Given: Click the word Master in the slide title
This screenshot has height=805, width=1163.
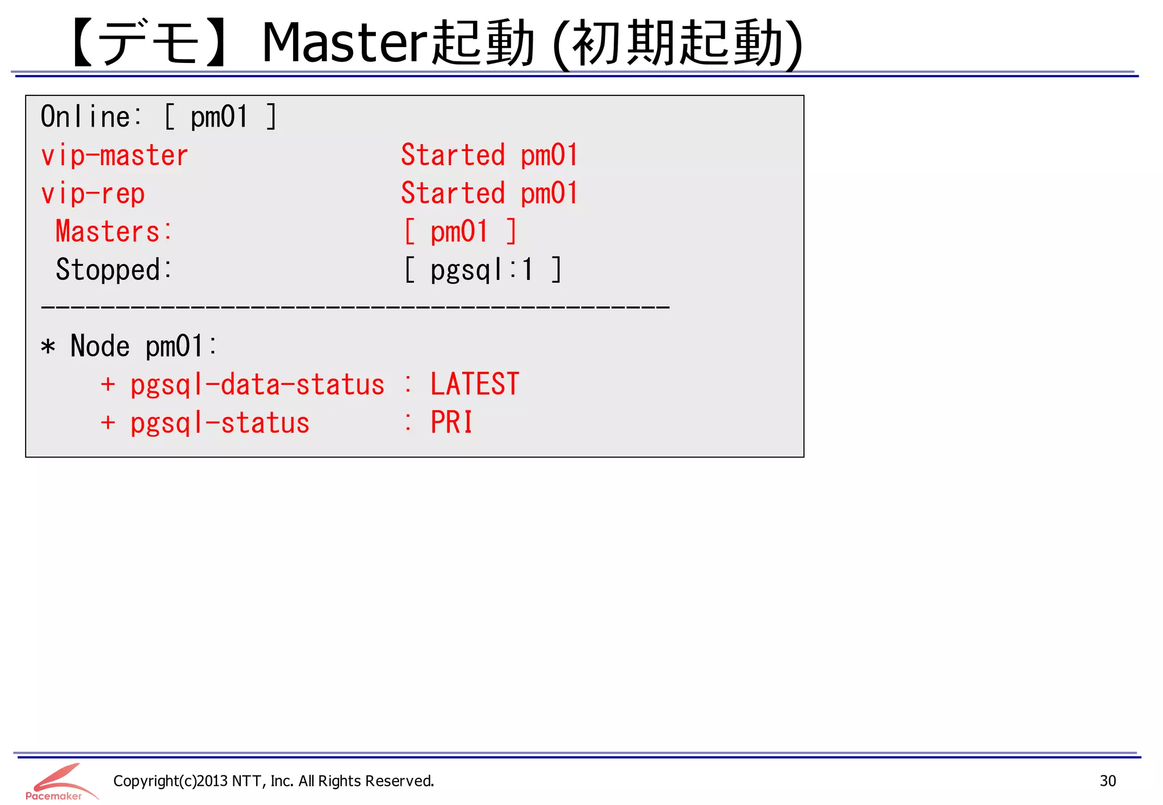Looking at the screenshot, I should coord(344,43).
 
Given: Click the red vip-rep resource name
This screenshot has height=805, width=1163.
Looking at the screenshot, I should coord(93,194).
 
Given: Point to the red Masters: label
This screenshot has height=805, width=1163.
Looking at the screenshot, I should coord(113,232).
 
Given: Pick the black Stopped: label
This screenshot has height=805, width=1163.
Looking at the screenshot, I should coord(113,270).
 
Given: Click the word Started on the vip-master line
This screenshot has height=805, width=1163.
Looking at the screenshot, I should coord(453,155).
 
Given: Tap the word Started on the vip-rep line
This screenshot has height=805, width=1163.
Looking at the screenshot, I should coord(453,193).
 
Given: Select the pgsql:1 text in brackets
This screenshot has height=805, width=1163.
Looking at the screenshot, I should coord(482,270).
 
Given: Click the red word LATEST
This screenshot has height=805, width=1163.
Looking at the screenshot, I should coord(475,384).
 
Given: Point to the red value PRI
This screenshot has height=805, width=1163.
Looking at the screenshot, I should coord(451,422).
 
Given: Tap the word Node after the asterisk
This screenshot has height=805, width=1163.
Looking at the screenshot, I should coord(100,346).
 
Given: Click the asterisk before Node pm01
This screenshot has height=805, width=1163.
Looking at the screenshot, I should coord(48,346).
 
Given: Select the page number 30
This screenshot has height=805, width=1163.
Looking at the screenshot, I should coord(1107,781).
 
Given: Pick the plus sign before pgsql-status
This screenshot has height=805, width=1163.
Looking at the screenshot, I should coord(108,422).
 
